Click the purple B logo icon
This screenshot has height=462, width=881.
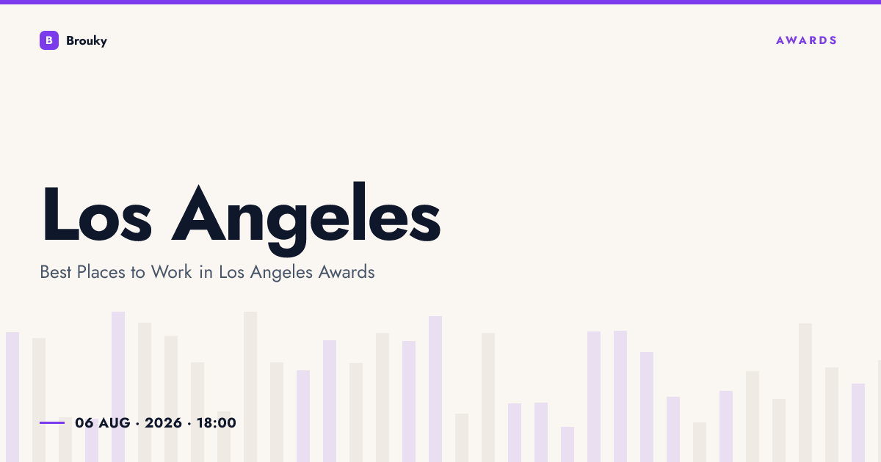(x=49, y=40)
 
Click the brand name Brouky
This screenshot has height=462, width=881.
(x=87, y=41)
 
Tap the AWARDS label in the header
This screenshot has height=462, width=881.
(x=806, y=40)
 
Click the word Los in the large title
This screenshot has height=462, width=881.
(x=97, y=214)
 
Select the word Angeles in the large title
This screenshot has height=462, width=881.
(x=306, y=218)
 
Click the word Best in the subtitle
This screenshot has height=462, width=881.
(x=56, y=272)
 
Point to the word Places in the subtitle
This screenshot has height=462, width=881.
(x=101, y=272)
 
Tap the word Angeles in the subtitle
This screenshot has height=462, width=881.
(x=281, y=273)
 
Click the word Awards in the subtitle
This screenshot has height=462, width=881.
(x=347, y=272)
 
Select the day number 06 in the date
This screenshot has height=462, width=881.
(x=84, y=422)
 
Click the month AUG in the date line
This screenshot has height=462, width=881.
(x=115, y=422)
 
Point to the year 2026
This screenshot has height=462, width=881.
(x=163, y=422)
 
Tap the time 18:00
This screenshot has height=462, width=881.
(x=217, y=422)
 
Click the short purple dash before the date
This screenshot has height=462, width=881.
(x=52, y=422)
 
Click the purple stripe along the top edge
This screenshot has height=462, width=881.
(x=440, y=2)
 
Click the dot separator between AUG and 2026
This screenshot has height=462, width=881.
(x=137, y=424)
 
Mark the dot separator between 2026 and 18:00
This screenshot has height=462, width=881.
(x=189, y=424)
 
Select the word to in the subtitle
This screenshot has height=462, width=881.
(x=138, y=272)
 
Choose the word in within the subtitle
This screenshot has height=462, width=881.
(x=206, y=272)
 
